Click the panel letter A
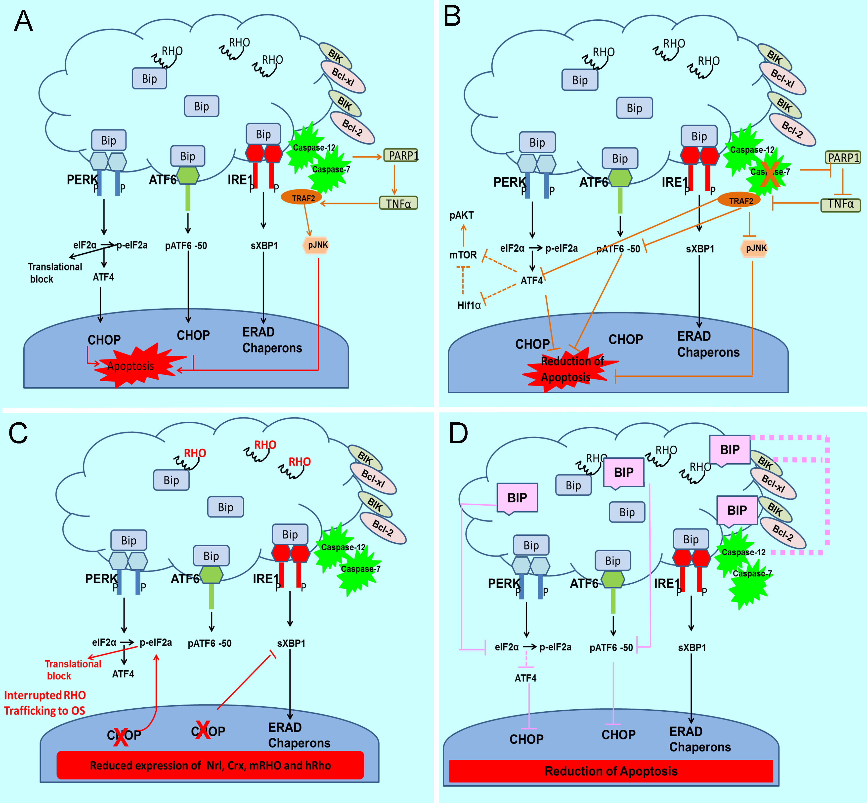tap(23, 21)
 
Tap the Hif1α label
tap(469, 305)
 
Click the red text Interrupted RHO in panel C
tap(45, 695)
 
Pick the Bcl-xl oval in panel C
tap(373, 478)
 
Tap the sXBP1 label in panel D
tap(692, 647)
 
